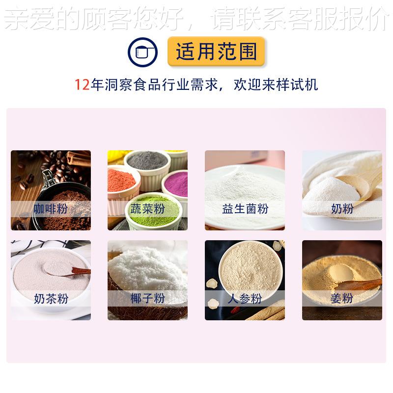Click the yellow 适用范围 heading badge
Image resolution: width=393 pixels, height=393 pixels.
click(x=216, y=52)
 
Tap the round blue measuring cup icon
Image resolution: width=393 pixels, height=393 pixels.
click(x=142, y=52)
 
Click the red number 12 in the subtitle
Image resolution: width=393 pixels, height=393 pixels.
click(x=82, y=84)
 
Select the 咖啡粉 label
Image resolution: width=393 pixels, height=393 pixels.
click(x=51, y=209)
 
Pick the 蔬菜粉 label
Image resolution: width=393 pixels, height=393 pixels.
click(x=147, y=209)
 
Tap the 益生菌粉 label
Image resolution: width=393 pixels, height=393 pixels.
click(x=245, y=209)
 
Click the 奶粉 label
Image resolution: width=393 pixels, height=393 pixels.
click(x=342, y=209)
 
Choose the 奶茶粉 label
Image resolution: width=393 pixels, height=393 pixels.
click(x=51, y=298)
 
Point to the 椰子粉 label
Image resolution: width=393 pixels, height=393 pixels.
click(x=147, y=298)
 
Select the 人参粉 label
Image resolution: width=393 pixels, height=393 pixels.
click(x=245, y=298)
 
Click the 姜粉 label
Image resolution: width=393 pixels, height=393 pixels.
click(x=342, y=298)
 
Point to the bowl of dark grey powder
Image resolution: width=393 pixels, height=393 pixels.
click(x=147, y=162)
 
